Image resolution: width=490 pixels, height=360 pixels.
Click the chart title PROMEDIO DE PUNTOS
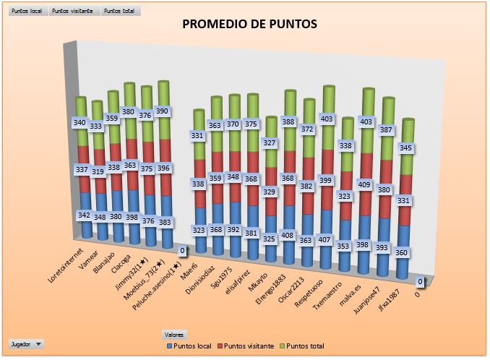(x=249, y=25)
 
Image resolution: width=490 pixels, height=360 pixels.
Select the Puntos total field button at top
(x=120, y=12)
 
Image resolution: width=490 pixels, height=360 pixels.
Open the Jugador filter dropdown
(x=27, y=344)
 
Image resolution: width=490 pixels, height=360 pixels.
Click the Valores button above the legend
(x=174, y=334)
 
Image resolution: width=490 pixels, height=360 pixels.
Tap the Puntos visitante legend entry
(x=246, y=346)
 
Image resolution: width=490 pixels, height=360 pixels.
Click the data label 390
(x=163, y=111)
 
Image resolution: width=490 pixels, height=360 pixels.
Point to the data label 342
(x=84, y=216)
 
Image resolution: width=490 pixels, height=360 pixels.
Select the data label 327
(x=270, y=143)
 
